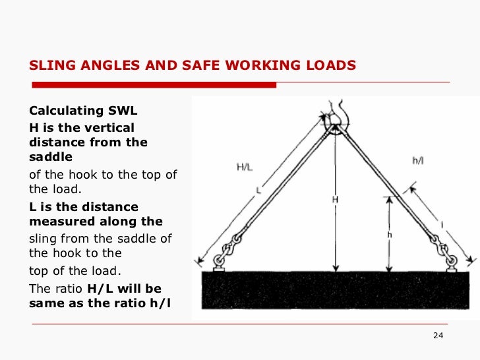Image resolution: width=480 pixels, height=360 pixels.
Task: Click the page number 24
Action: [438, 337]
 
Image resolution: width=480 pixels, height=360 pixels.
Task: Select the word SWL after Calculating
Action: [119, 111]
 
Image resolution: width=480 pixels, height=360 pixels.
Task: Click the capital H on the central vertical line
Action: [335, 199]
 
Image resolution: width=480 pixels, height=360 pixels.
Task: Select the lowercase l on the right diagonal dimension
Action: [441, 225]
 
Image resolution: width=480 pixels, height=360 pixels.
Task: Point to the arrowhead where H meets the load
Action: [335, 268]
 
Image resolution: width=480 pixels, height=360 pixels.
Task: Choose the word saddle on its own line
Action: [51, 157]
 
